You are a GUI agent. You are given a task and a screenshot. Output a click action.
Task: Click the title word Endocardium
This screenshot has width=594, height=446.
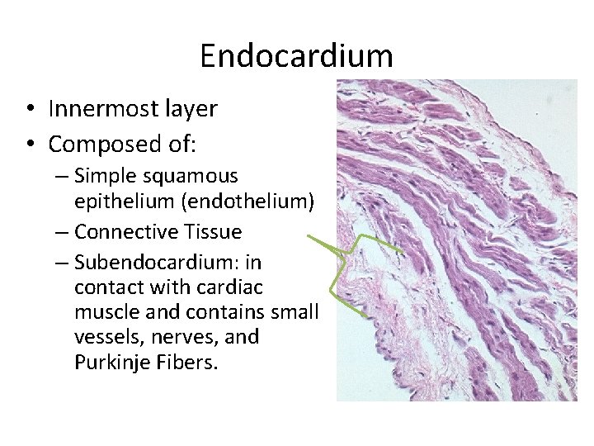tap(296, 56)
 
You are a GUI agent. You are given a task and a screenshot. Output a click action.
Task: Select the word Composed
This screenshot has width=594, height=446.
tap(103, 144)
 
